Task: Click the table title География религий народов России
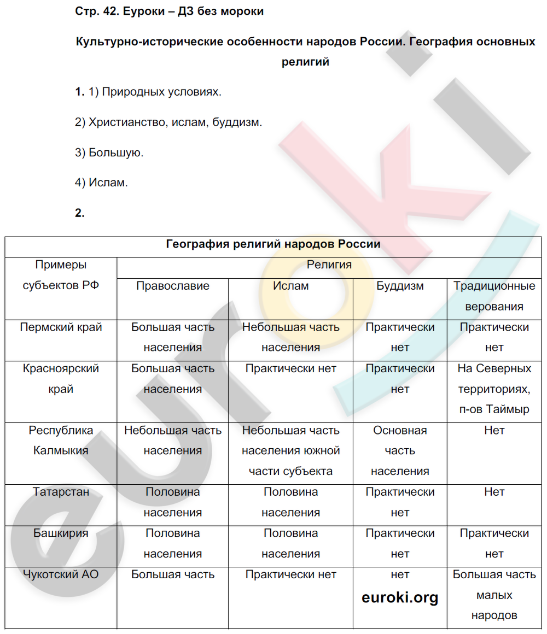point(273,244)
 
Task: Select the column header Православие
point(172,286)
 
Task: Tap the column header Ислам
point(290,286)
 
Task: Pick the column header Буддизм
point(400,286)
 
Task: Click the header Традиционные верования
point(494,296)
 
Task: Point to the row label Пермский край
point(61,327)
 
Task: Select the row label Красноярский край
point(61,379)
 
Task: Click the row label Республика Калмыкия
point(61,441)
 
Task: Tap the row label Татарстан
point(61,492)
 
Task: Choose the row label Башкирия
point(61,533)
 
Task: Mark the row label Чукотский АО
point(61,574)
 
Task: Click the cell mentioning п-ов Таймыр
point(494,389)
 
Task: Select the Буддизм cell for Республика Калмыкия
point(400,451)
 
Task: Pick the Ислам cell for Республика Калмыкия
point(290,451)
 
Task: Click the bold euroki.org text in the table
point(400,597)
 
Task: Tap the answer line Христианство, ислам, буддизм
point(169,122)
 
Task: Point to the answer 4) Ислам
point(102,183)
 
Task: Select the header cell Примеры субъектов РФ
point(61,275)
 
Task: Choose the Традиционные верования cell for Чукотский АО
point(494,595)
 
